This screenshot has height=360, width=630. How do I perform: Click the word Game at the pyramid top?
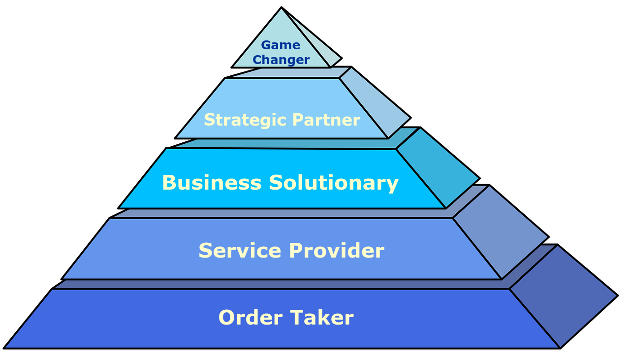coord(280,45)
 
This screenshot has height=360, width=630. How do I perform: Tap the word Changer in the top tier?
coord(281,60)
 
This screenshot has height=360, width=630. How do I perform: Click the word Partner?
coord(326,120)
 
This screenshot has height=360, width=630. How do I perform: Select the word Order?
coord(250,318)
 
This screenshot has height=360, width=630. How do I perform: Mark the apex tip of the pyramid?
coord(282,9)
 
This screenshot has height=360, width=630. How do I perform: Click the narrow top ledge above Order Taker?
coord(281,284)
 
